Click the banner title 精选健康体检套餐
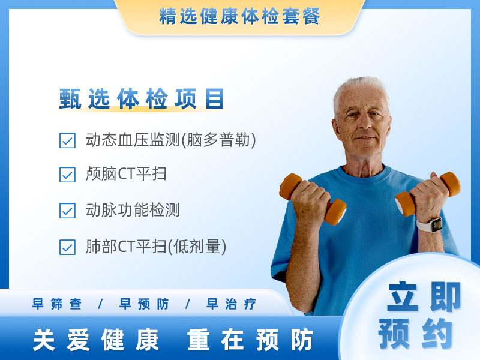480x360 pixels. pyautogui.click(x=239, y=16)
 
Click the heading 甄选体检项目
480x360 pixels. pyautogui.click(x=142, y=98)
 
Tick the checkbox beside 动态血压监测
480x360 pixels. pyautogui.click(x=67, y=140)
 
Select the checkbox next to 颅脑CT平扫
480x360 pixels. pyautogui.click(x=67, y=175)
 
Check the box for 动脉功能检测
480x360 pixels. pyautogui.click(x=67, y=211)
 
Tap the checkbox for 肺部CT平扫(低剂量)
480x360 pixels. pyautogui.click(x=67, y=247)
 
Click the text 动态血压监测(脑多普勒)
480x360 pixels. pyautogui.click(x=171, y=140)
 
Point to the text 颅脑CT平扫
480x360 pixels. pyautogui.click(x=126, y=174)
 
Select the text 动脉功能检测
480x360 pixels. pyautogui.click(x=133, y=210)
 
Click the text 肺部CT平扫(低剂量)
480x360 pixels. pyautogui.click(x=156, y=247)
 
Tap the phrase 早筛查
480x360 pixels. pyautogui.click(x=57, y=304)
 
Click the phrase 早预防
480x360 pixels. pyautogui.click(x=144, y=304)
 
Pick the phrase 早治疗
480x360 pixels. pyautogui.click(x=231, y=304)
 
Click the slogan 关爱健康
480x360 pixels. pyautogui.click(x=96, y=340)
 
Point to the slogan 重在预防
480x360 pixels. pyautogui.click(x=250, y=340)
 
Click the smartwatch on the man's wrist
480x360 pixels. pyautogui.click(x=430, y=225)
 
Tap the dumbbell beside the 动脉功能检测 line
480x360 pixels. pyautogui.click(x=313, y=199)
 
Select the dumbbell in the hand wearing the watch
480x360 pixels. pyautogui.click(x=428, y=194)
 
